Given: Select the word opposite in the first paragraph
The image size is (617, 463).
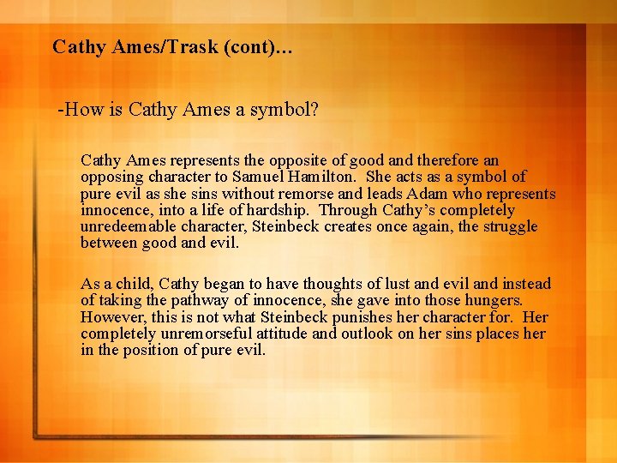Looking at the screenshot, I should [300, 160].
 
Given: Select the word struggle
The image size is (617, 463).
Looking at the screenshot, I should [509, 227].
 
